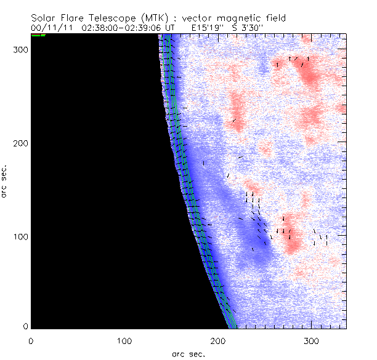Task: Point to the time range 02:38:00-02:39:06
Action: (x=124, y=28)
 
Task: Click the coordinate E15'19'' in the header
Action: (x=201, y=28)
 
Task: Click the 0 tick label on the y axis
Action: (x=25, y=326)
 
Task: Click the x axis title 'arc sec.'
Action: (x=188, y=354)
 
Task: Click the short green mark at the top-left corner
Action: (x=38, y=35)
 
